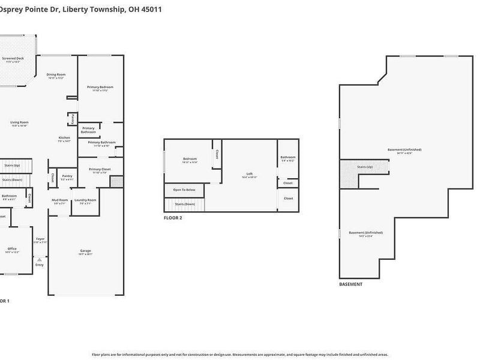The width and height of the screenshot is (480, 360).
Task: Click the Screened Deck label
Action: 13,58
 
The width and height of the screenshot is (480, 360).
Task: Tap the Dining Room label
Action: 56,74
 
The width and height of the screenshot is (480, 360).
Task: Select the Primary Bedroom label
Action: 100,87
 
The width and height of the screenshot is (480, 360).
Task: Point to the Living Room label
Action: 19,122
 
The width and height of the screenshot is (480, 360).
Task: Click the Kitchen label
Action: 64,138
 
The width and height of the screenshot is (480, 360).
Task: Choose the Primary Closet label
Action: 100,169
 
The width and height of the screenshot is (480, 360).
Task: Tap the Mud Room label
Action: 60,200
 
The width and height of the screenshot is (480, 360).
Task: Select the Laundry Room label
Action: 85,200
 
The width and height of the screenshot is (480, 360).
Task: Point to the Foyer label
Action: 40,239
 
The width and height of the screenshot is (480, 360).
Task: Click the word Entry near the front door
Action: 40,265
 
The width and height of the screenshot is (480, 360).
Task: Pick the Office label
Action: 12,248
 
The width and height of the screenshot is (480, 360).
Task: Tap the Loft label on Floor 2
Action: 249,174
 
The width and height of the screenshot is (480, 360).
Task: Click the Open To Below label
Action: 184,190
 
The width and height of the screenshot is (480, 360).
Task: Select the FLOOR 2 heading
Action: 173,218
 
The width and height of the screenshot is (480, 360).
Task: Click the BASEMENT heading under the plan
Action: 350,284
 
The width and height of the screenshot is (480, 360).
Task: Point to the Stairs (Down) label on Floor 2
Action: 184,204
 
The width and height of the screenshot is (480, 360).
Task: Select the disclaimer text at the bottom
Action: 240,355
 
